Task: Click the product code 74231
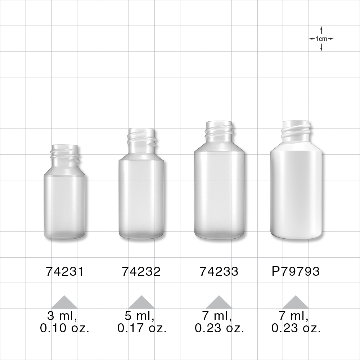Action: [65, 271]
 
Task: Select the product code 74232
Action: [141, 271]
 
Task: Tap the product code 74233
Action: [219, 271]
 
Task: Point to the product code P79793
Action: [296, 271]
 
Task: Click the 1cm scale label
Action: [321, 39]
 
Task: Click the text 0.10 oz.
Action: [65, 328]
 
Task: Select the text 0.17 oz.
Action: [142, 328]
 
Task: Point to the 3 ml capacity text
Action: [62, 316]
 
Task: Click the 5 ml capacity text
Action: [140, 316]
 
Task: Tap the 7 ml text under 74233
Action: [217, 316]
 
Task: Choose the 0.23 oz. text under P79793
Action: [296, 328]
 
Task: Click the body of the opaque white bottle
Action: [296, 194]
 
